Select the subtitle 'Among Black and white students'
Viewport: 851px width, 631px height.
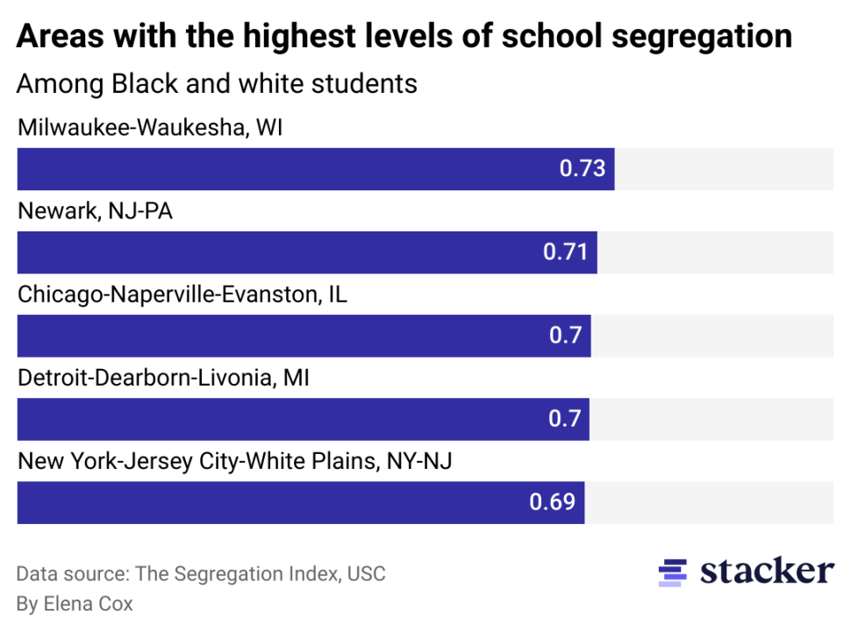tap(217, 84)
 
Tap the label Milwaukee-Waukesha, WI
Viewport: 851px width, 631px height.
tap(150, 129)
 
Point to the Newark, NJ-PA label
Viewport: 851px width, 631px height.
tap(96, 212)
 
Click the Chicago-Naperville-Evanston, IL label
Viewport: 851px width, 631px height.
tap(182, 294)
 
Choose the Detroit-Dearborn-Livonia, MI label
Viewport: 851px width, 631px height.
tap(163, 379)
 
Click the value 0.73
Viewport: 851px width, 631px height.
tap(583, 168)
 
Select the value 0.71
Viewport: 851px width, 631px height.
tap(566, 252)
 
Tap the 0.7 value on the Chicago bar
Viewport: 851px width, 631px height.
tap(566, 336)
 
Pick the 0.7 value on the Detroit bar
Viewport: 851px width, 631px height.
tap(565, 419)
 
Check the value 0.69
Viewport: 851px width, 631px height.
tap(553, 502)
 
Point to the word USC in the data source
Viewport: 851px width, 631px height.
tap(366, 574)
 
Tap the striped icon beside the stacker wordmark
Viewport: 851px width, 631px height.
tap(673, 572)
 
